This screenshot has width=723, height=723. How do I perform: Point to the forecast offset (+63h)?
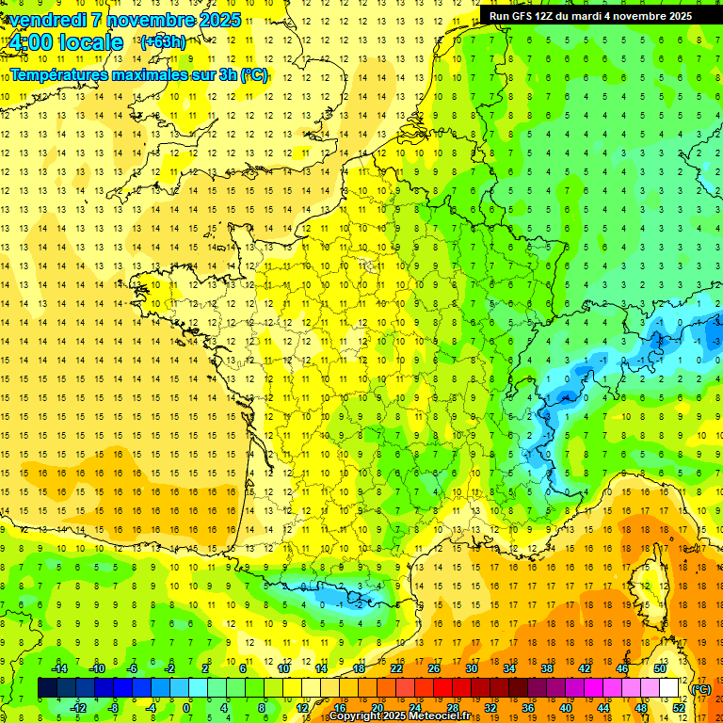163,41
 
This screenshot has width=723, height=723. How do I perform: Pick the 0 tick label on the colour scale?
186,708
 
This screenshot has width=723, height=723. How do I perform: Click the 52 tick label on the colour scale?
679,708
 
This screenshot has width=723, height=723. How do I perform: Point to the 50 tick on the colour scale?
660,668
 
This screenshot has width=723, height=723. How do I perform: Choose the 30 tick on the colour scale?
471,668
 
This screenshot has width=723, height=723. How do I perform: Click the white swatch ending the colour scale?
669,688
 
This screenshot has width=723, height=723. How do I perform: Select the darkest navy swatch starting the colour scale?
47,688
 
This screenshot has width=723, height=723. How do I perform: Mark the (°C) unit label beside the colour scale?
701,689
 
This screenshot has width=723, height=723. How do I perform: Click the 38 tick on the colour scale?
546,668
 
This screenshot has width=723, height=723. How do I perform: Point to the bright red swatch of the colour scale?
442,688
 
